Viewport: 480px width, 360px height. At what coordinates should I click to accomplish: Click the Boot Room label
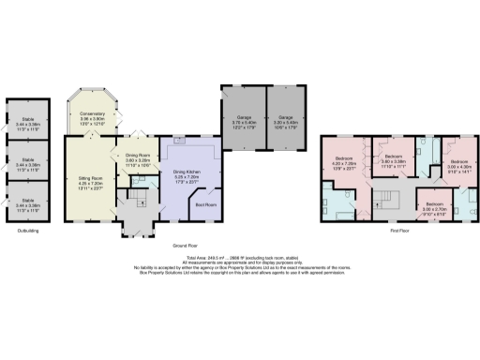tap(204, 203)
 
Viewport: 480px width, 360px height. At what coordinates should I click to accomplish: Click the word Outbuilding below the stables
tap(28, 230)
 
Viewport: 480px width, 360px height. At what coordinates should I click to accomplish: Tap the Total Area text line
tap(239, 256)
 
